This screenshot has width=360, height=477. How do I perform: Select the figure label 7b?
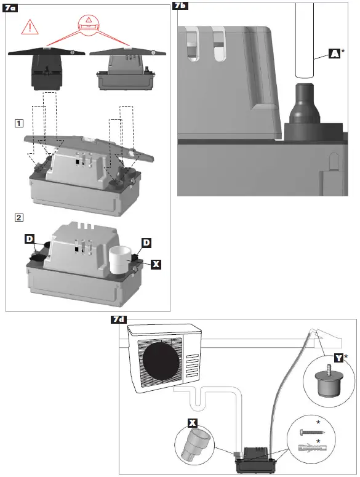click(x=182, y=6)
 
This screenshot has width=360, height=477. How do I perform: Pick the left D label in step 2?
click(x=29, y=238)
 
